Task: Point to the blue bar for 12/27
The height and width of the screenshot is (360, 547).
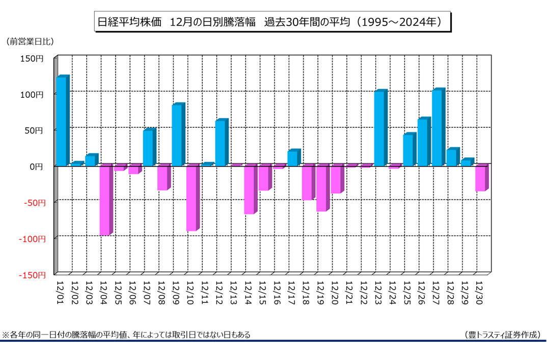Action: coord(437,128)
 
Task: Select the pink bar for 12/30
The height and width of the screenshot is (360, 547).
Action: coord(480,178)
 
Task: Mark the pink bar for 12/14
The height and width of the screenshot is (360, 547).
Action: coord(249,189)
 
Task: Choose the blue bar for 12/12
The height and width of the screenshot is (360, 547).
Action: coord(220,143)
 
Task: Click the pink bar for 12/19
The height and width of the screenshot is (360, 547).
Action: coord(321,188)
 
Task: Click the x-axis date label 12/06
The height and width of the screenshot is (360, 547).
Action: coord(133,292)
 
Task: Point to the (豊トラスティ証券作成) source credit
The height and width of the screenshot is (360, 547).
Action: coord(503,335)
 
